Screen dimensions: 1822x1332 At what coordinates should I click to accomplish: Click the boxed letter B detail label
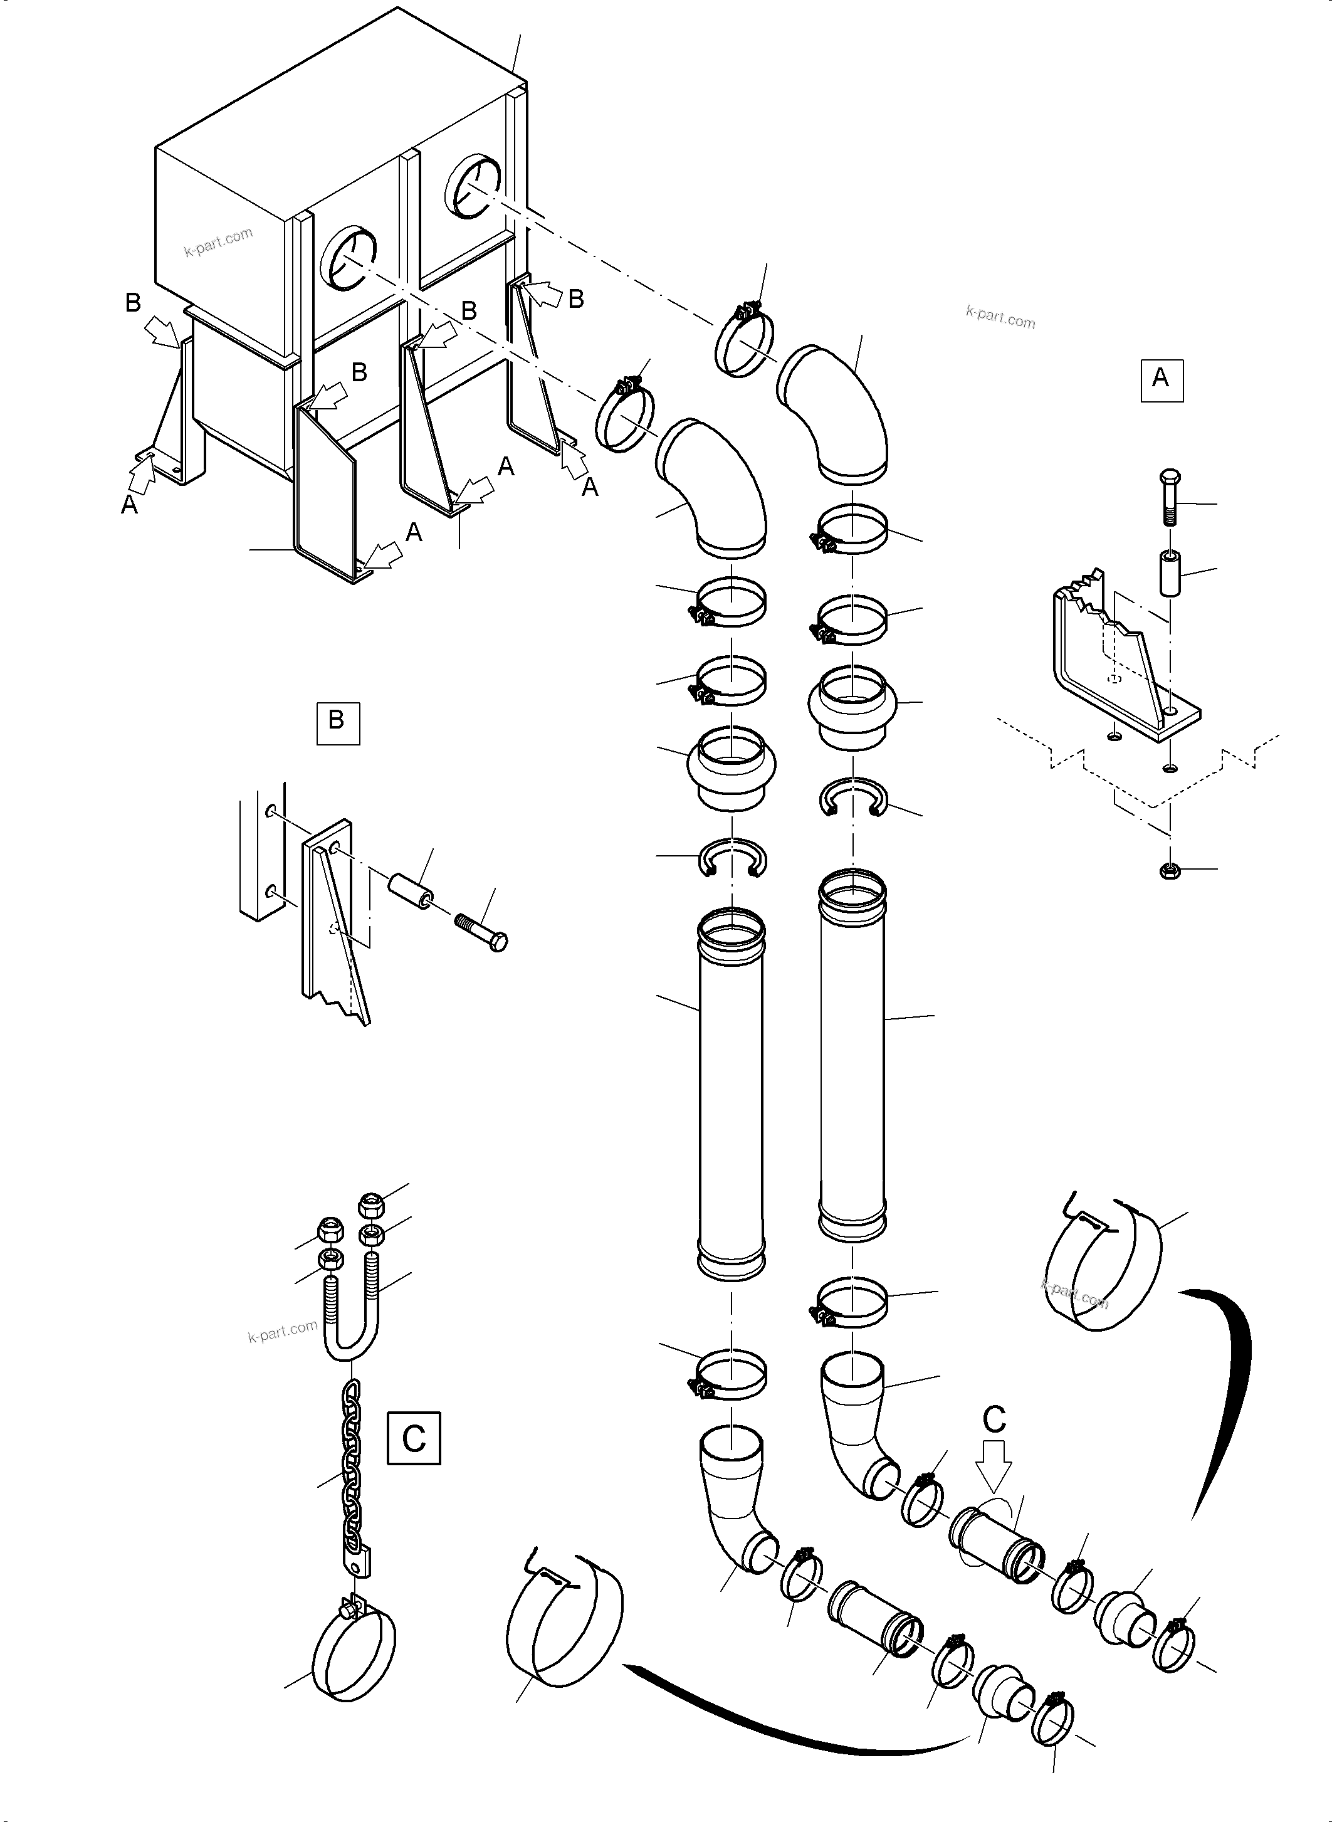[x=337, y=721]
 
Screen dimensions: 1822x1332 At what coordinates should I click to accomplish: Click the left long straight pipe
[x=730, y=1097]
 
